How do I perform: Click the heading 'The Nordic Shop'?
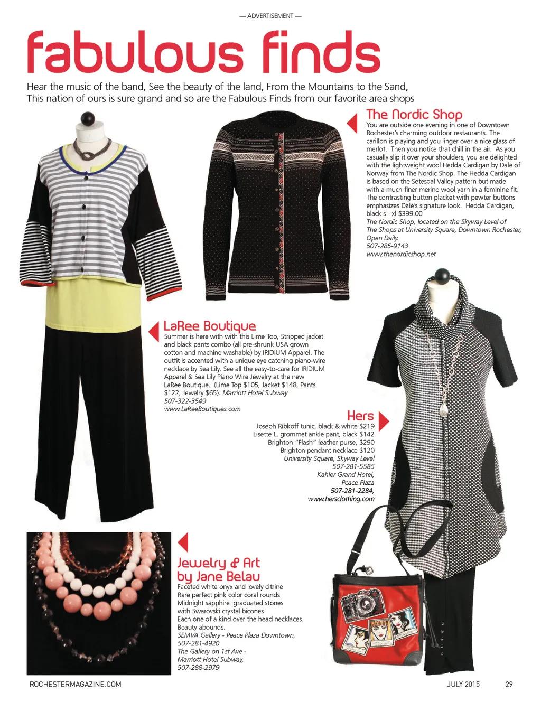pyautogui.click(x=414, y=114)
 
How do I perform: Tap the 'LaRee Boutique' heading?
pyautogui.click(x=210, y=326)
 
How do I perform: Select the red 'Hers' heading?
pyautogui.click(x=360, y=415)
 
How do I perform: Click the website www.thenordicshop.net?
pyautogui.click(x=402, y=254)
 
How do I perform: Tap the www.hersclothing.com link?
pyautogui.click(x=341, y=499)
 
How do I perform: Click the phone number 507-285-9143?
pyautogui.click(x=387, y=246)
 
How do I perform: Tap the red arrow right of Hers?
pyautogui.click(x=385, y=421)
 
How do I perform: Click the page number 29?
pyautogui.click(x=509, y=685)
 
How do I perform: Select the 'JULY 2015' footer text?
pyautogui.click(x=463, y=685)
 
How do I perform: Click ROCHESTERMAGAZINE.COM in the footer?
pyautogui.click(x=75, y=685)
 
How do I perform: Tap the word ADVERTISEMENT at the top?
pyautogui.click(x=270, y=16)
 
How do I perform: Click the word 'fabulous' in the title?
pyautogui.click(x=135, y=54)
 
